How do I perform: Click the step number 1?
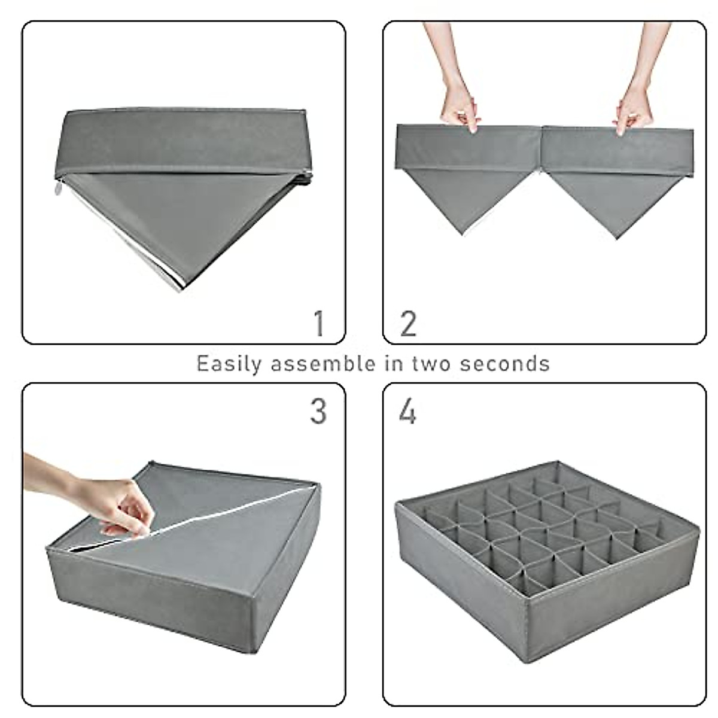tap(320, 324)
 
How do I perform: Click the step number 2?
tap(408, 324)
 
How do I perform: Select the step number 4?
tap(407, 412)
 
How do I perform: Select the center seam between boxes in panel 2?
tap(541, 150)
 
